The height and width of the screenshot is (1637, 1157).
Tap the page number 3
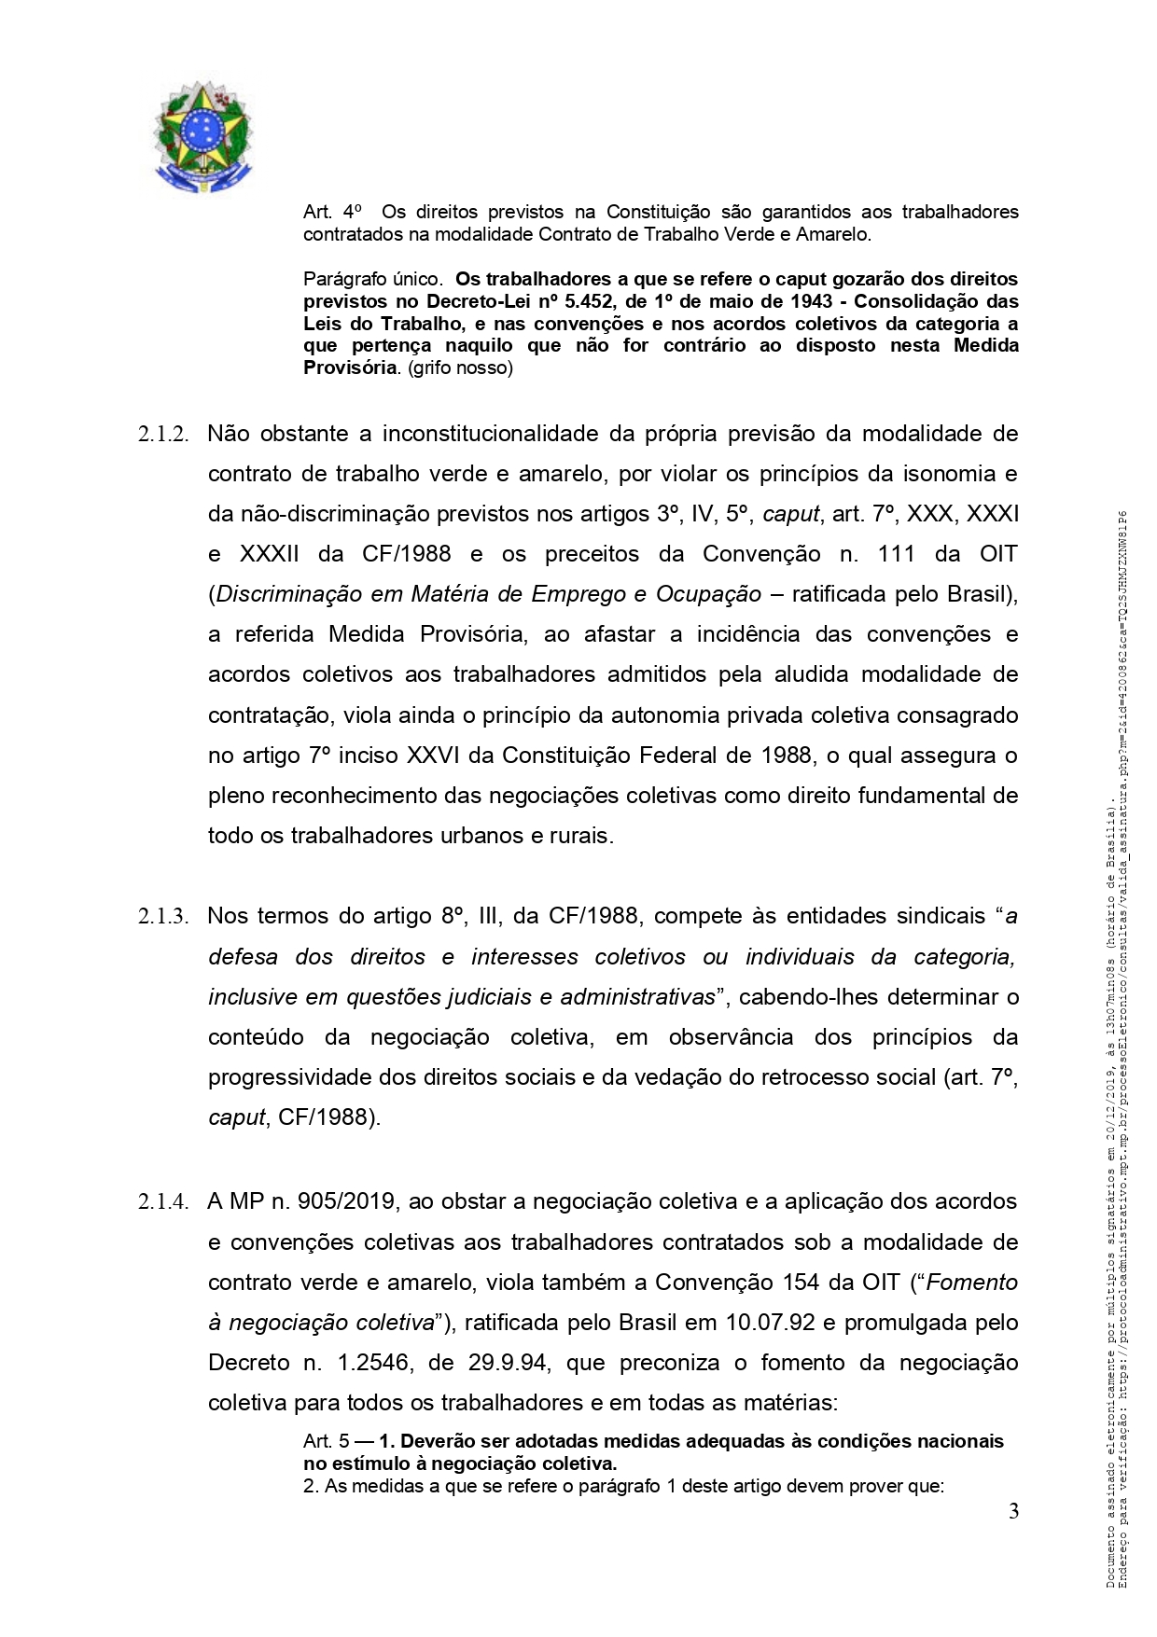pos(1013,1512)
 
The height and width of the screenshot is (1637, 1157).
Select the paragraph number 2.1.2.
pos(163,435)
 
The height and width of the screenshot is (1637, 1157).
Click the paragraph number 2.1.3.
pos(163,917)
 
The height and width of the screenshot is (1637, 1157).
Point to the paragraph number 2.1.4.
pos(163,1202)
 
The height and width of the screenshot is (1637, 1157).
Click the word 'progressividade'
pos(289,1077)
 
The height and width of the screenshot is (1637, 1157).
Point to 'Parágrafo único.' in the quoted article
pos(372,279)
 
